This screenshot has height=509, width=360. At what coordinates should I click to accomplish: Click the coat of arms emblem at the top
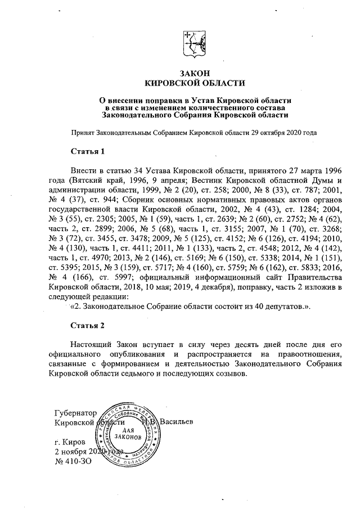pyautogui.click(x=193, y=43)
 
